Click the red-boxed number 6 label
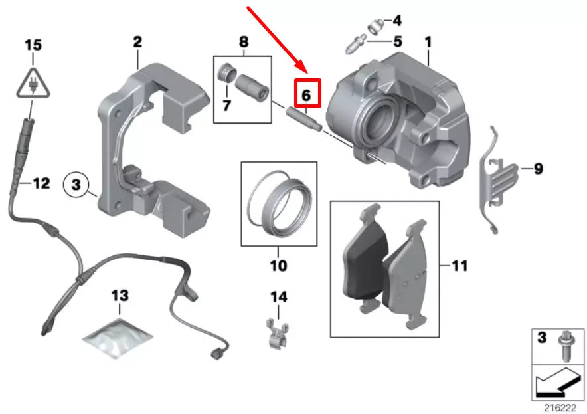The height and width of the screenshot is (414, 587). coord(306,94)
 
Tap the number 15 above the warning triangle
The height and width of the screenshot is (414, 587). coord(33,45)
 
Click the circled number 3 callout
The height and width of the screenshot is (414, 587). coord(76,183)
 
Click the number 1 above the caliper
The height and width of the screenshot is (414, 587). coord(428,42)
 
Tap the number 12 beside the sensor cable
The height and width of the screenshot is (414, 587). coord(41,183)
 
